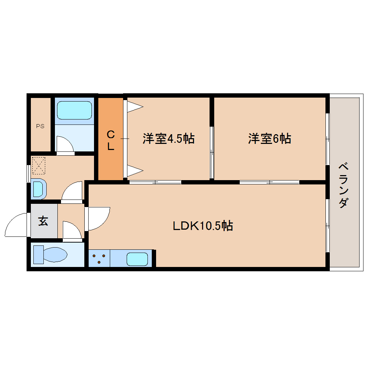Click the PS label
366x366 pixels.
click(40, 126)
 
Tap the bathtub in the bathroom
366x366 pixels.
click(75, 110)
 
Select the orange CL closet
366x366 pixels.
click(111, 139)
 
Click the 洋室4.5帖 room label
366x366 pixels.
click(169, 139)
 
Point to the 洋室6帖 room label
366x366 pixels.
click(269, 139)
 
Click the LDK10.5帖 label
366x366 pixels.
click(203, 226)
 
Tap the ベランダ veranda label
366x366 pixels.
click(343, 186)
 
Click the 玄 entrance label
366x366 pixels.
click(43, 221)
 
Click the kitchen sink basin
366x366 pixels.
click(137, 259)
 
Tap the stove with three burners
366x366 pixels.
click(99, 258)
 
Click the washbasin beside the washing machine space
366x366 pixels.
click(38, 189)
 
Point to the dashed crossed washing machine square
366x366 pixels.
click(39, 165)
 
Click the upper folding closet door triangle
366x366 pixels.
click(135, 107)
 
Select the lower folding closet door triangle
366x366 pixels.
click(135, 171)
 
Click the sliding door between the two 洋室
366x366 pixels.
click(212, 152)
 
